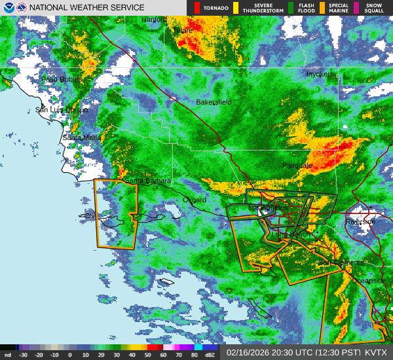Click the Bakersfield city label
[214, 102]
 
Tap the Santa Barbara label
[148, 181]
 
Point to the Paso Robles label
[62, 79]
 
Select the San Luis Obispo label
[62, 110]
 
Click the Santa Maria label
[82, 138]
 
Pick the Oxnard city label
[195, 200]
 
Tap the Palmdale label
[297, 166]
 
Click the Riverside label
[360, 222]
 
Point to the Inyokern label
[320, 74]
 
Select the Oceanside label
[369, 280]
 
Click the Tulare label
[183, 30]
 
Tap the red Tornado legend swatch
[197, 8]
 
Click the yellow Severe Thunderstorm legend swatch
[235, 8]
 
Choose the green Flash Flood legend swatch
[291, 8]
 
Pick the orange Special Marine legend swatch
[322, 8]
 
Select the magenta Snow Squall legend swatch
[357, 8]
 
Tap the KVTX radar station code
[376, 352]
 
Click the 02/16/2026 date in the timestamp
[247, 352]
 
